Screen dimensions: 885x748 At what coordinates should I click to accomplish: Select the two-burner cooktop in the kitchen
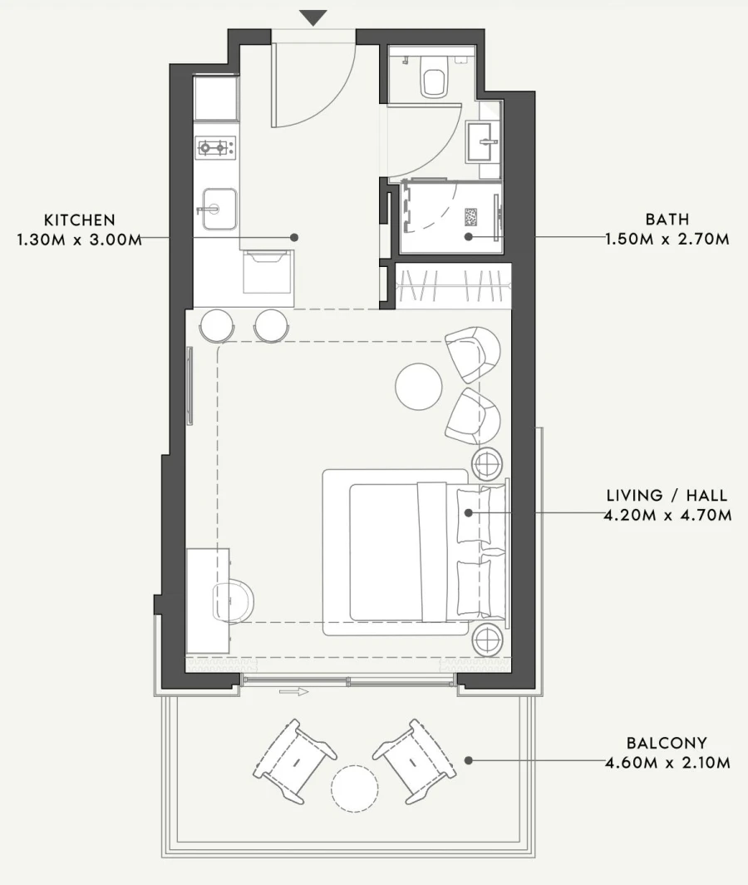click(214, 149)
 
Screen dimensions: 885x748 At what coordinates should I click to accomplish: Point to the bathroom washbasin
click(481, 141)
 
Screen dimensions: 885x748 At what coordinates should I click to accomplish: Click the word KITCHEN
click(80, 220)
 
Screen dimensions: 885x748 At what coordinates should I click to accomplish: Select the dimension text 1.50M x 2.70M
click(668, 240)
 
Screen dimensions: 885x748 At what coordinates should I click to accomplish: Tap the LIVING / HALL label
click(668, 497)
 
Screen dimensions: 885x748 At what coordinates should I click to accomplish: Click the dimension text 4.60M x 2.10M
click(668, 762)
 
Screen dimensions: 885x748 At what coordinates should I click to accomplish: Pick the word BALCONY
click(668, 743)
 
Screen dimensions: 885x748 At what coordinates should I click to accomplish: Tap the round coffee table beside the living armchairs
click(418, 386)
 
